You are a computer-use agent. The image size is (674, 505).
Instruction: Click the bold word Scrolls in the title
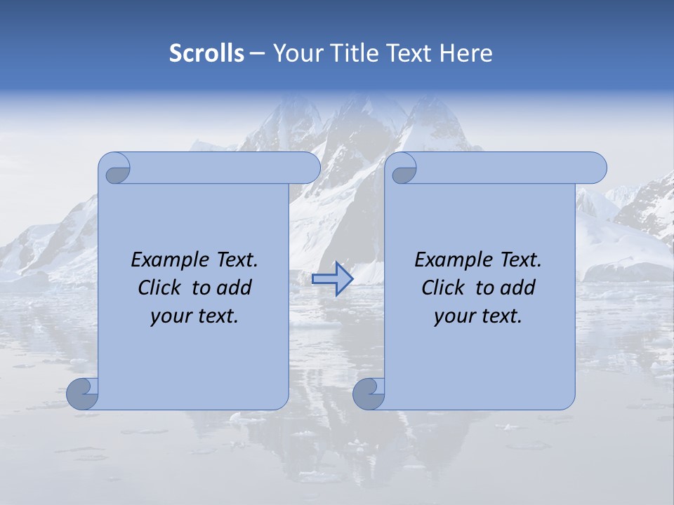tap(206, 53)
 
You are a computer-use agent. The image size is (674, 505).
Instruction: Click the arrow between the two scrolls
tap(332, 278)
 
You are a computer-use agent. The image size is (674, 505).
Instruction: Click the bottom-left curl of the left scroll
tap(83, 393)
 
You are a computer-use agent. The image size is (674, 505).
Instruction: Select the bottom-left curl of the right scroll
tap(369, 393)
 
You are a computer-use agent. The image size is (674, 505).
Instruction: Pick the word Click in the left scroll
tap(160, 288)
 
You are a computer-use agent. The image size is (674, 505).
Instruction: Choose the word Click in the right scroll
tap(444, 288)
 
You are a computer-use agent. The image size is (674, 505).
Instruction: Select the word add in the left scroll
tap(236, 288)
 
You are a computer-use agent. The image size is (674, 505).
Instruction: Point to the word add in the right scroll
tap(520, 288)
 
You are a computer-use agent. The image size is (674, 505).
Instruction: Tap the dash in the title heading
tap(258, 54)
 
